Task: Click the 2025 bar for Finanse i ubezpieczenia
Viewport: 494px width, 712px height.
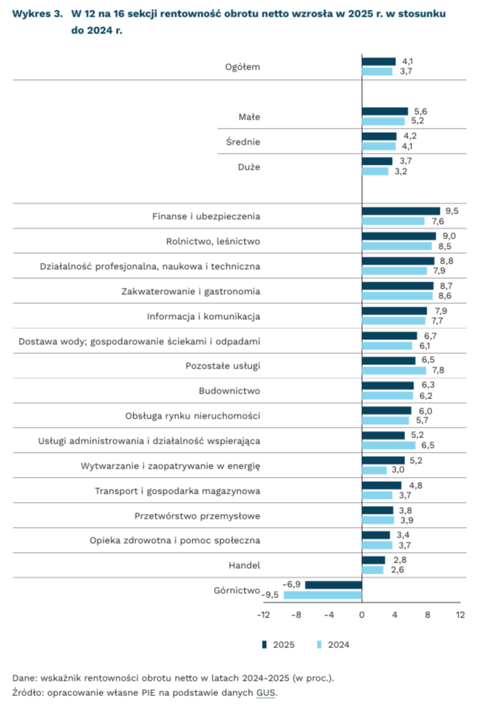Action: [x=401, y=211]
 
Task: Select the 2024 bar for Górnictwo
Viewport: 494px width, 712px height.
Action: [x=323, y=595]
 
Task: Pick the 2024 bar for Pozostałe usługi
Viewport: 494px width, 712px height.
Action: [x=394, y=371]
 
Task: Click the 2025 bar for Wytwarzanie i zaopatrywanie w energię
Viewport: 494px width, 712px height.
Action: [x=383, y=460]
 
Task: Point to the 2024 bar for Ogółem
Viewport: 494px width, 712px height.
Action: [x=377, y=72]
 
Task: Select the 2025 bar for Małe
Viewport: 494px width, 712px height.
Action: [x=385, y=111]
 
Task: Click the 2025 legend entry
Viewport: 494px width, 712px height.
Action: [x=279, y=645]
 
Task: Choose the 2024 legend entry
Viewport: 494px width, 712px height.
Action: [x=333, y=645]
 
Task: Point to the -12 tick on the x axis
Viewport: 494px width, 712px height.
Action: [x=263, y=615]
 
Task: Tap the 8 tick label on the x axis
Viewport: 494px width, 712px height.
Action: [x=427, y=615]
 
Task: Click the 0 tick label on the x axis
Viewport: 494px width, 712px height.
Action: [x=362, y=615]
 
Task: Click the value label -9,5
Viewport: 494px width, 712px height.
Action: [x=270, y=595]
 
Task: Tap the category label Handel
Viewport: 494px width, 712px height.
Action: [x=245, y=565]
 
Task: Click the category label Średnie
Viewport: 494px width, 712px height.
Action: [x=243, y=141]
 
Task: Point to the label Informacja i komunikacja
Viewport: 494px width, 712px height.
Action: [x=204, y=316]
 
